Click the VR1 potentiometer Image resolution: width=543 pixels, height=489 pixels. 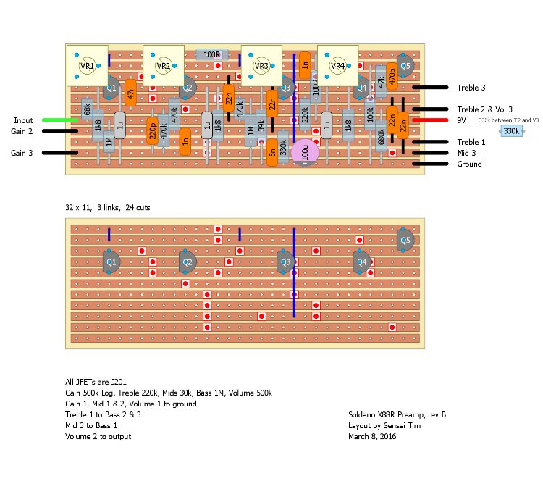[87, 66]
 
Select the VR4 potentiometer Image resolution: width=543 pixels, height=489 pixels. [337, 66]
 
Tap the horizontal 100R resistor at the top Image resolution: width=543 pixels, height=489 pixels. [212, 54]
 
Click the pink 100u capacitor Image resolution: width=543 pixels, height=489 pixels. [309, 153]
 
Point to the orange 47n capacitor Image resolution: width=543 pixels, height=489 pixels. [130, 92]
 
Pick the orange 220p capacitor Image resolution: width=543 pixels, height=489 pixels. [152, 130]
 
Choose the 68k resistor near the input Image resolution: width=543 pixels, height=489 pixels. [87, 109]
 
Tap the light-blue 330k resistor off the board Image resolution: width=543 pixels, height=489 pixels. [511, 131]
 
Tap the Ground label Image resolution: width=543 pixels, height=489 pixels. [469, 164]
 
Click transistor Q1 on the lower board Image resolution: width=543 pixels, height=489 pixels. [111, 262]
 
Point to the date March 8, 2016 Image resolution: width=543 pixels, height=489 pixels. [372, 437]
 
